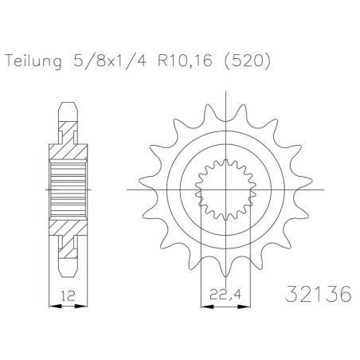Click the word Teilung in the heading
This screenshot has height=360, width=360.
[33, 61]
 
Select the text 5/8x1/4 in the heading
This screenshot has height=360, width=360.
[110, 61]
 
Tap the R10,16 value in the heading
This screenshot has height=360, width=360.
[185, 61]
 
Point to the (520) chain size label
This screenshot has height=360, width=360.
[248, 61]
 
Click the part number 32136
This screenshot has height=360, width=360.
[319, 294]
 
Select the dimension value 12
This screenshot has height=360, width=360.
[68, 295]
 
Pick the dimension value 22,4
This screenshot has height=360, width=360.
[225, 294]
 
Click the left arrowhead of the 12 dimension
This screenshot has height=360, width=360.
[55, 307]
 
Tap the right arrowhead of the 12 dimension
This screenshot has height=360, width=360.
[81, 307]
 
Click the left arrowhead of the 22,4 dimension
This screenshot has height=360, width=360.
[207, 307]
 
